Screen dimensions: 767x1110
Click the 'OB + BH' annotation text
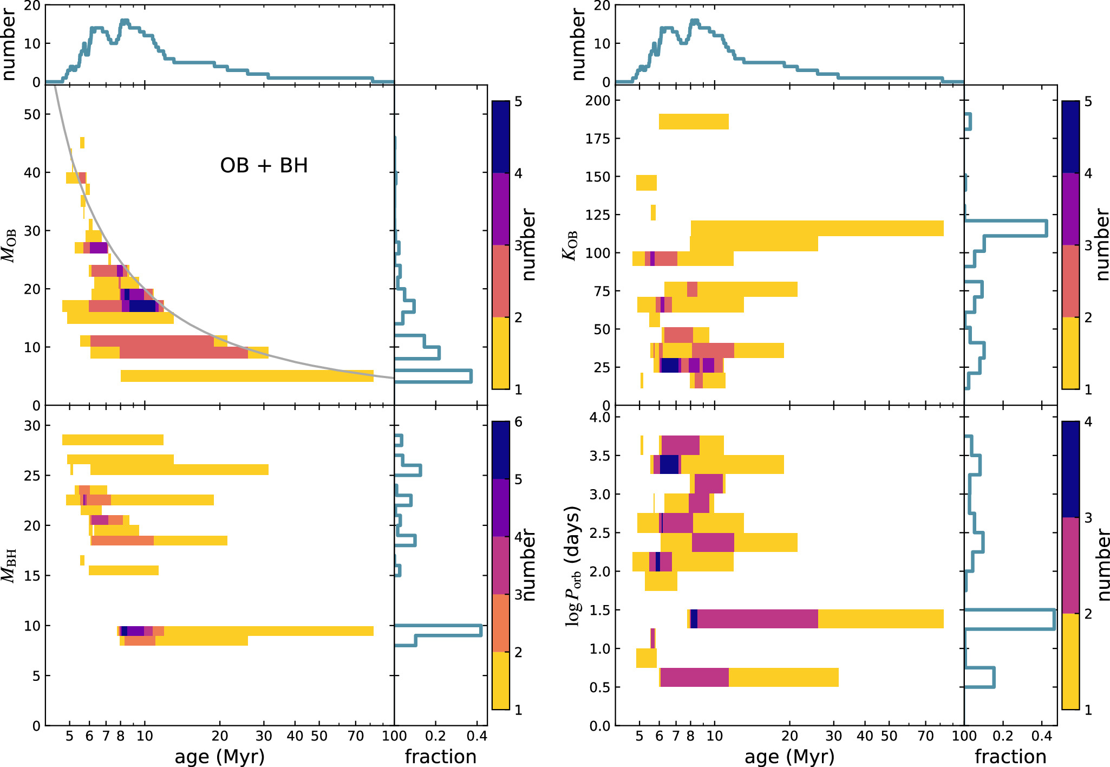coord(264,165)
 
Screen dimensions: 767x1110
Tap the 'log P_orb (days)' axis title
coord(572,567)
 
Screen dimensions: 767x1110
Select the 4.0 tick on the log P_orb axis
coord(599,418)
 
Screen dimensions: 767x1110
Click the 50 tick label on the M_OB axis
coord(32,114)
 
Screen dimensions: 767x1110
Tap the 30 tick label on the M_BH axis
coord(32,426)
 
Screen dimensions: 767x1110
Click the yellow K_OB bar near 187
coord(693,122)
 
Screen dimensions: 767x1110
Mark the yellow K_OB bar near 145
coord(646,183)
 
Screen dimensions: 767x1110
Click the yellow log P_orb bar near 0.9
coord(646,658)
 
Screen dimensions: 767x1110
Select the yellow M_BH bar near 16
coord(123,570)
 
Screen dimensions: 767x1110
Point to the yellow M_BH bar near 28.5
coord(113,440)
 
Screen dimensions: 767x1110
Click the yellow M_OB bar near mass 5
coord(247,376)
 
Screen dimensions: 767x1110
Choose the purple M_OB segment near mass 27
coord(99,248)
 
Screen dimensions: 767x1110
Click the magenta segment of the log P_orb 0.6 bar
coord(694,677)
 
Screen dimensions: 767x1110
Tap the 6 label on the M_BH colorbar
coord(518,422)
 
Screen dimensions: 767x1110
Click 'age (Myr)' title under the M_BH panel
coord(219,757)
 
